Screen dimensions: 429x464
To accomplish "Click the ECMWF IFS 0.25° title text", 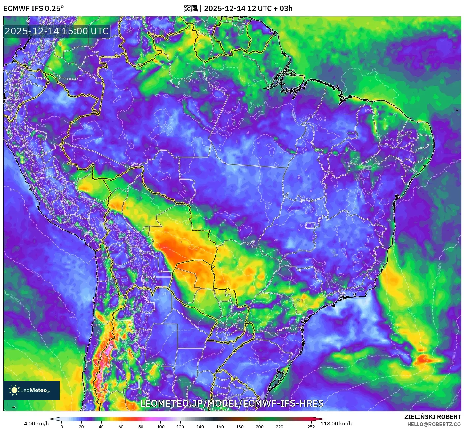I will point(33,8).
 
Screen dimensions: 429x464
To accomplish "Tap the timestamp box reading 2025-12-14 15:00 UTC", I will point(57,31).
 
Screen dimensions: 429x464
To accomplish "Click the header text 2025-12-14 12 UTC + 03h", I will point(248,8).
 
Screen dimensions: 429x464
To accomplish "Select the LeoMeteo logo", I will point(31,390).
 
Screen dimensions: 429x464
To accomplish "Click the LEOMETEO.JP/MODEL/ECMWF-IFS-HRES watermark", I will point(232,403).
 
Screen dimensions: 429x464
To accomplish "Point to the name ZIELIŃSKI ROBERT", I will point(432,417).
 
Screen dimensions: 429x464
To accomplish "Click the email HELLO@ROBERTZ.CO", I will point(434,424).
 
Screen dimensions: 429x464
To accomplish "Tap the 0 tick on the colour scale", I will point(62,426).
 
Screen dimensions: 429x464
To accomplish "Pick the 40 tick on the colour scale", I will point(101,426).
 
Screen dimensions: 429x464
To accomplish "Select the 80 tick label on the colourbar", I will point(141,426).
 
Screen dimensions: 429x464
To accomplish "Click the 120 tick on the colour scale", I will point(180,426).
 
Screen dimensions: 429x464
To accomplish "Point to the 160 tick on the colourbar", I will point(220,426).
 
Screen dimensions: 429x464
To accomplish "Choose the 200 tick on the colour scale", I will point(260,426).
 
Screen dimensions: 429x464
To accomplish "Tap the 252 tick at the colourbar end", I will point(311,426).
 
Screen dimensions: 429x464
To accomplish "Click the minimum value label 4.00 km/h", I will point(36,424).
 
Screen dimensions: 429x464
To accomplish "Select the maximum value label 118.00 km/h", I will point(336,424).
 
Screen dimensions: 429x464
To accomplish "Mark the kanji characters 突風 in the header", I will point(191,8).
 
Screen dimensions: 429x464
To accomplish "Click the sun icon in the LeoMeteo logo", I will point(14,390).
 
